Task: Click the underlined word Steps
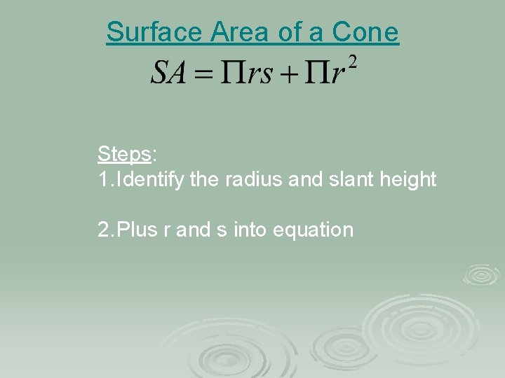124,153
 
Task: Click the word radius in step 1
253,180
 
